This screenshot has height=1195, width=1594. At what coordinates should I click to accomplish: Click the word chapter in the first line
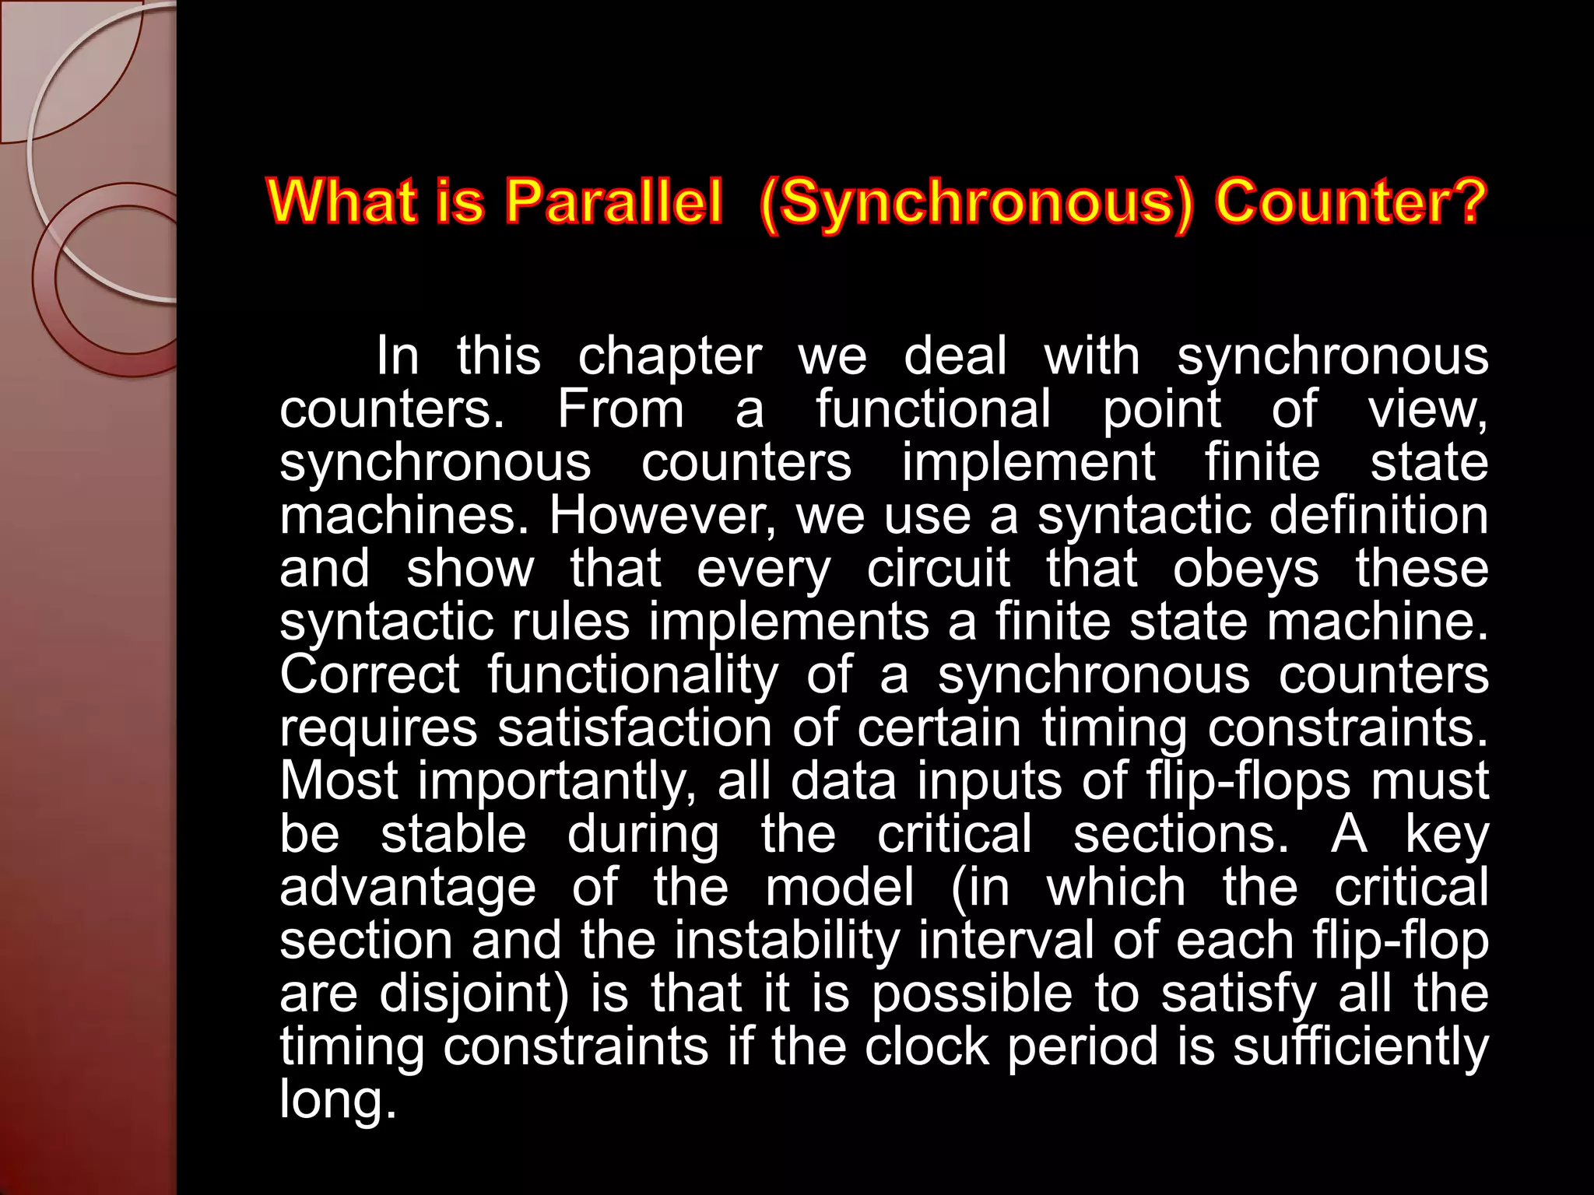tap(669, 357)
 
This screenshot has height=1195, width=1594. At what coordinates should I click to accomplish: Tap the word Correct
tap(370, 675)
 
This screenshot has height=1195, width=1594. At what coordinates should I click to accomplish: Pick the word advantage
tap(408, 888)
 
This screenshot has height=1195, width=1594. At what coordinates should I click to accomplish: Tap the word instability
tap(786, 941)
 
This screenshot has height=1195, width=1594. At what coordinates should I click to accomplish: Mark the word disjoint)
tap(475, 994)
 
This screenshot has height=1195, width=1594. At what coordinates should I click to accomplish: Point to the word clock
tap(926, 1046)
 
